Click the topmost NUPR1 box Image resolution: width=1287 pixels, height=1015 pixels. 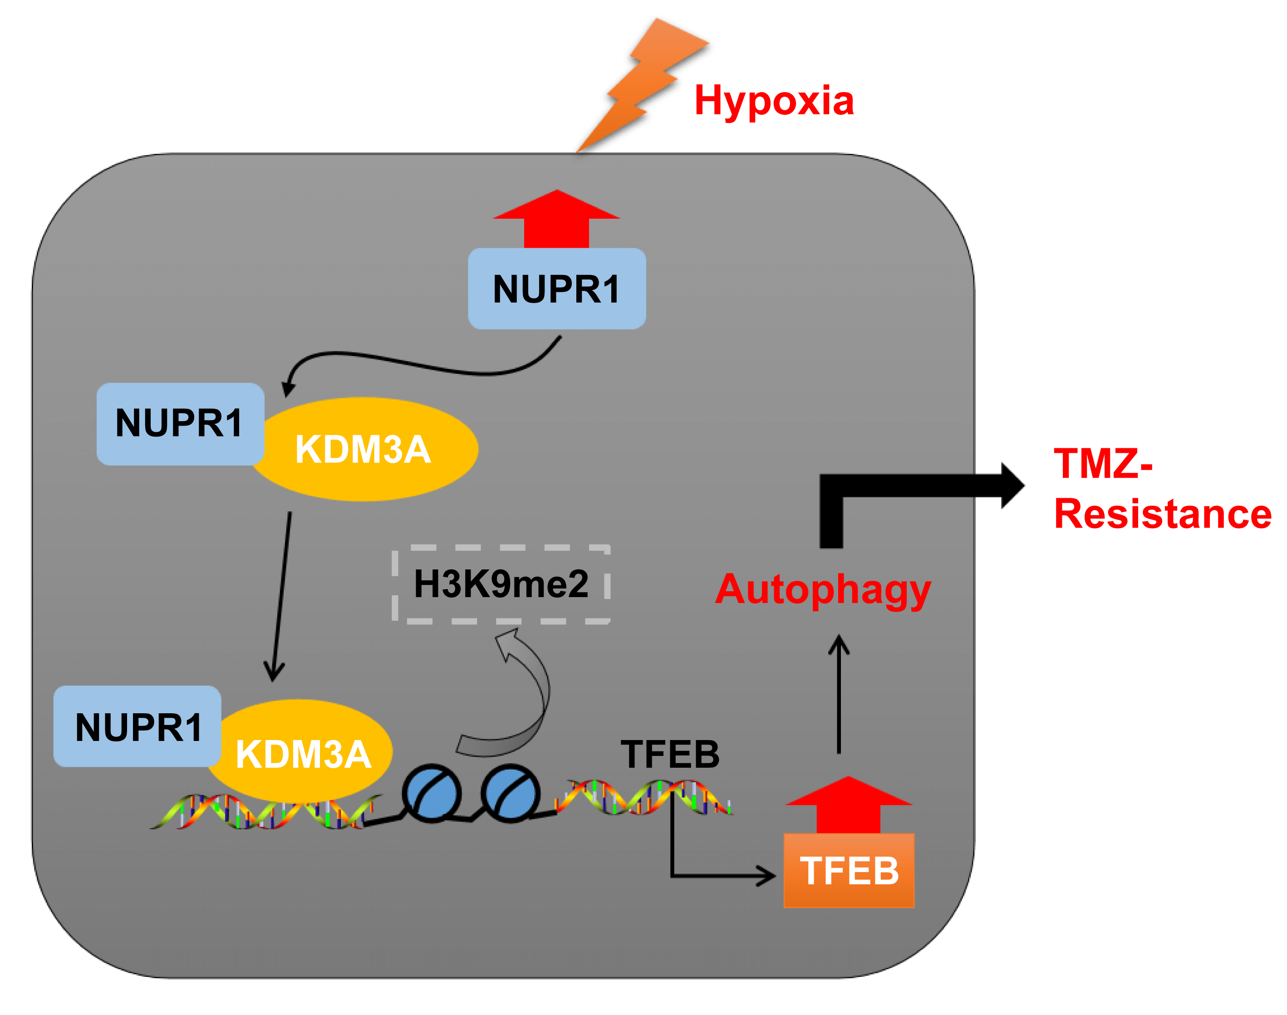pyautogui.click(x=556, y=289)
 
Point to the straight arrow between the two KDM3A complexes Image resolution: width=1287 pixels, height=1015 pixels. pyautogui.click(x=280, y=594)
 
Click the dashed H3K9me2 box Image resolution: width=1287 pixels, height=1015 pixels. pyautogui.click(x=501, y=584)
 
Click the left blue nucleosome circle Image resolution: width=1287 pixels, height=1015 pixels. pyautogui.click(x=432, y=793)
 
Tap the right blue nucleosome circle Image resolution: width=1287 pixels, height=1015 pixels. pyautogui.click(x=511, y=793)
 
